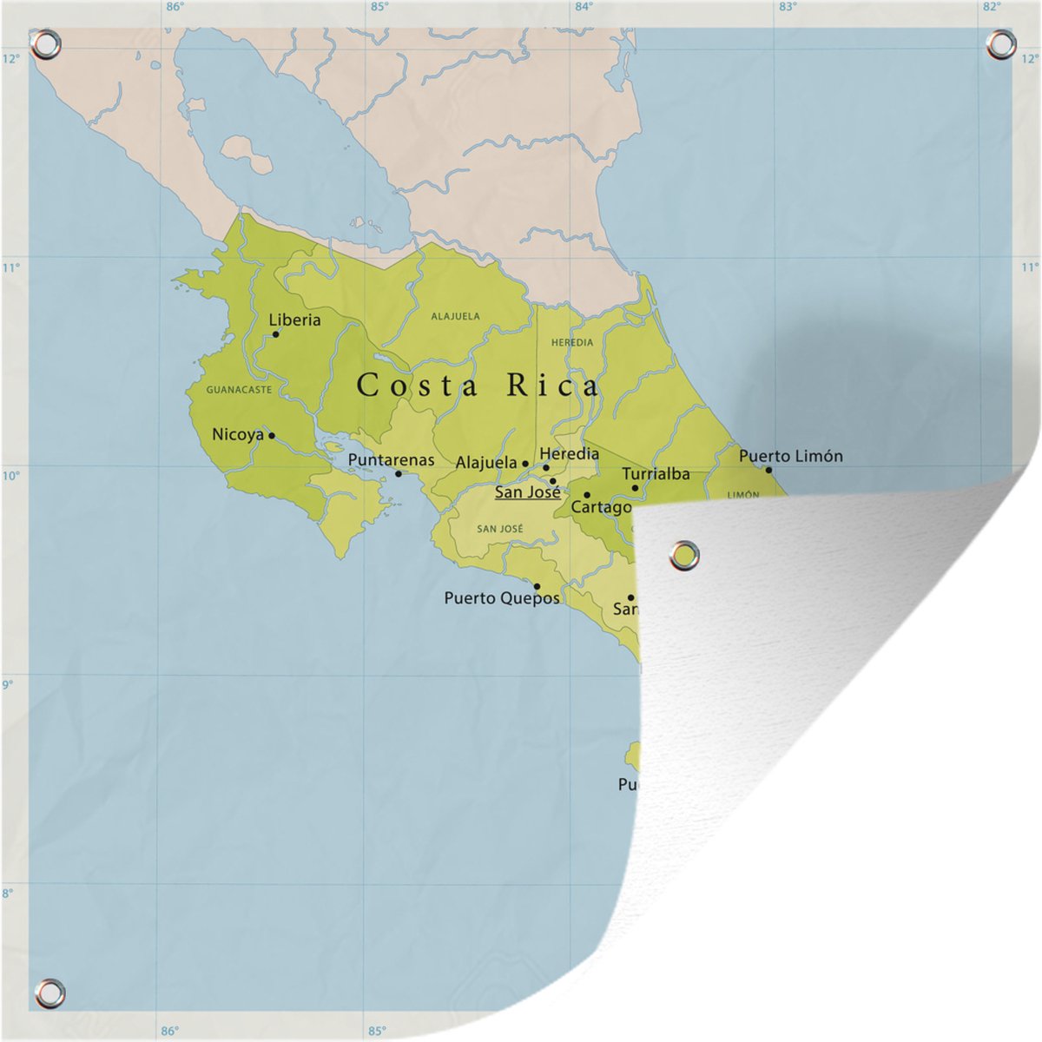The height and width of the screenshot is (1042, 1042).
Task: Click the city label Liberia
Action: coord(294,320)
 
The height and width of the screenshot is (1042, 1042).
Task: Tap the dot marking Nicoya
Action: coord(271,435)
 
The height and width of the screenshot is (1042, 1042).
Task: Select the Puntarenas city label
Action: coord(391,459)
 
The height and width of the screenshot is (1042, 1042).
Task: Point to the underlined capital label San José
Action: coord(527,492)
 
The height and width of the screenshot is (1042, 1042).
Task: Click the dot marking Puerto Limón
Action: coord(768,470)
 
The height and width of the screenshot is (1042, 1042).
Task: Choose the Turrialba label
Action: coord(656,474)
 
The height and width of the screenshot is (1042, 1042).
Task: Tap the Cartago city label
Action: coord(600,507)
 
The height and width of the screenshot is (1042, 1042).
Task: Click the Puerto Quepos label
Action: coord(501,598)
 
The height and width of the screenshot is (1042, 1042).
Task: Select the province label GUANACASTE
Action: coord(239,390)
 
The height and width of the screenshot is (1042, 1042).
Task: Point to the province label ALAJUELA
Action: coord(455,317)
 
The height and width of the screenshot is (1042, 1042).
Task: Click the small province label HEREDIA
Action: coord(572,343)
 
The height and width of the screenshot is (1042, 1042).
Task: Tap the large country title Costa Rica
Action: coord(478,386)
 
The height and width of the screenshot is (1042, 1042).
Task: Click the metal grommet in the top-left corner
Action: coord(46,43)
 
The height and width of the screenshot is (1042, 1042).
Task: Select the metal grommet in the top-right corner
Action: coord(1000,44)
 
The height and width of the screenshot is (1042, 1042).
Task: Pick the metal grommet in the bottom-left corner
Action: coord(49,991)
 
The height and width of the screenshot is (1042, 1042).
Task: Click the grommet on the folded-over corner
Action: coord(685,555)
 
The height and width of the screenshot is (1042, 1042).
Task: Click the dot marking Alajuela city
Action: coord(525,465)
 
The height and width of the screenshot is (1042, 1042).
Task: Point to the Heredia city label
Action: coord(570,453)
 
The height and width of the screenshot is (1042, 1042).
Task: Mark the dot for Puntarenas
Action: coord(399,473)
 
